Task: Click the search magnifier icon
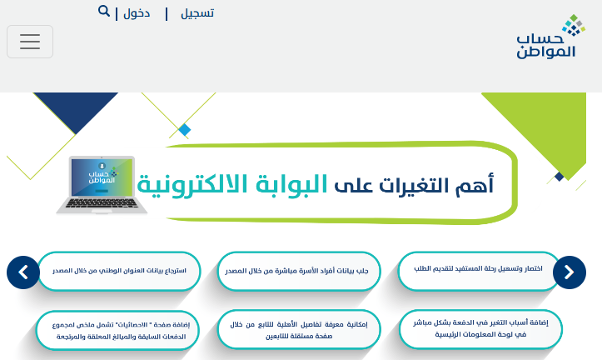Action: (103, 11)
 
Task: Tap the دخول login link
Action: (137, 13)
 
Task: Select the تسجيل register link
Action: (197, 13)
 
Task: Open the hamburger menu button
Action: (30, 42)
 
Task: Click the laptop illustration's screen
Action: (102, 177)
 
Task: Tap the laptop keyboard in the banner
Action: (102, 203)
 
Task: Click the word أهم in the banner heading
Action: (475, 185)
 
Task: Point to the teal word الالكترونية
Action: (192, 184)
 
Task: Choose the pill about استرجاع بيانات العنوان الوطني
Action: (119, 271)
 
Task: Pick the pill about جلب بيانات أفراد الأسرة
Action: (299, 271)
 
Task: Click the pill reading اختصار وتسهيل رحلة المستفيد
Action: (479, 271)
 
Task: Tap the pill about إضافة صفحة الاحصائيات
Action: (118, 330)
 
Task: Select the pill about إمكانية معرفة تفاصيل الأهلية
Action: (299, 330)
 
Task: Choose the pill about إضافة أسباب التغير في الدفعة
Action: (480, 329)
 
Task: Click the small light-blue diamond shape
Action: (185, 130)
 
